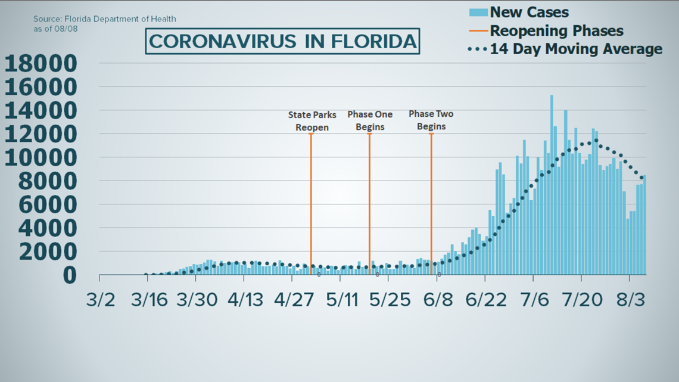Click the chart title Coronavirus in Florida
(x=282, y=41)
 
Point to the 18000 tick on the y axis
(x=41, y=63)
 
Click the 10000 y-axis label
(x=41, y=157)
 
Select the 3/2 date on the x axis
(x=100, y=299)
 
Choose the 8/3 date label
(x=630, y=299)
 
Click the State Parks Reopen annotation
(x=312, y=120)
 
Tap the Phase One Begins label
(x=369, y=120)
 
